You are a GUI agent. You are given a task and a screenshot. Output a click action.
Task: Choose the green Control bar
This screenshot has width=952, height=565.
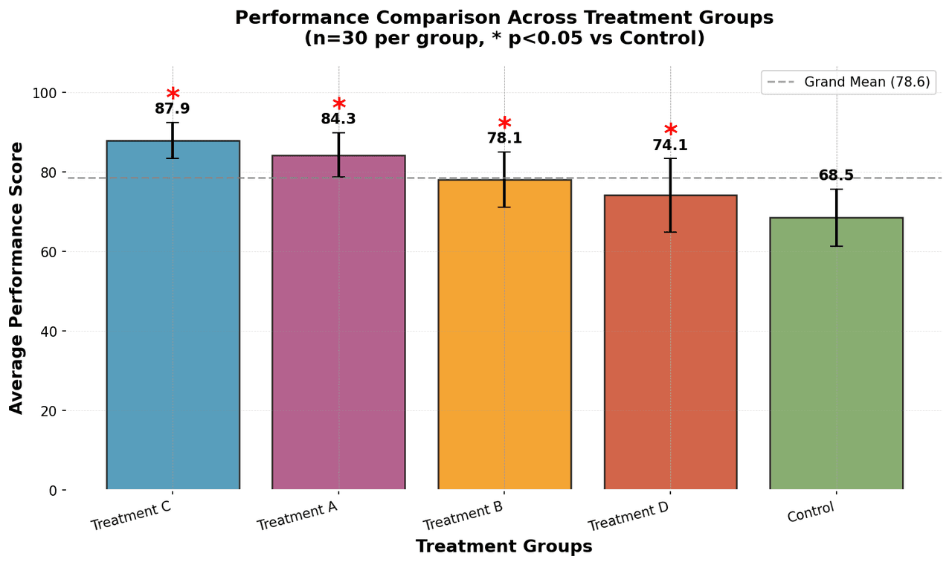coord(836,357)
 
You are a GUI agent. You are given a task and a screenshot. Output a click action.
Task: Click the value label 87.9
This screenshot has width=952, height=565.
coord(173,109)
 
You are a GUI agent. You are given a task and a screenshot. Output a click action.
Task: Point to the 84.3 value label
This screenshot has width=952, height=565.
coord(338,119)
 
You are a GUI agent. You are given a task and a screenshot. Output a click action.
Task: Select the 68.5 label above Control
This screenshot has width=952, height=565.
coord(836,176)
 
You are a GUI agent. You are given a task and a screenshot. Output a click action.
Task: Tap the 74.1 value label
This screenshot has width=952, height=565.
coord(670,146)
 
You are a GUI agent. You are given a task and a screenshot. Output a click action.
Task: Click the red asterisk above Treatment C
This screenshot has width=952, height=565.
coord(173,94)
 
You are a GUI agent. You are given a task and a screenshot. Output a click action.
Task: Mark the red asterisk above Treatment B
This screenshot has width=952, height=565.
coord(504,124)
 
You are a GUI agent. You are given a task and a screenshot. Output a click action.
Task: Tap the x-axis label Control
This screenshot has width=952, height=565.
coord(811,512)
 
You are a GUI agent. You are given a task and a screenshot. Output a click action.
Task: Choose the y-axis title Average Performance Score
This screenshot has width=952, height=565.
coord(16,277)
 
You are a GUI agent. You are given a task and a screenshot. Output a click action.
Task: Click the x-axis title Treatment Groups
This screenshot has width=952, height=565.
coord(504,546)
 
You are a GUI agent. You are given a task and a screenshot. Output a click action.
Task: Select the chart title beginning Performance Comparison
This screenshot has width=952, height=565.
coord(504,18)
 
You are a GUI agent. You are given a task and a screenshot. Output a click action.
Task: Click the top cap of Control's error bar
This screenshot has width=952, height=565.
coord(836,190)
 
